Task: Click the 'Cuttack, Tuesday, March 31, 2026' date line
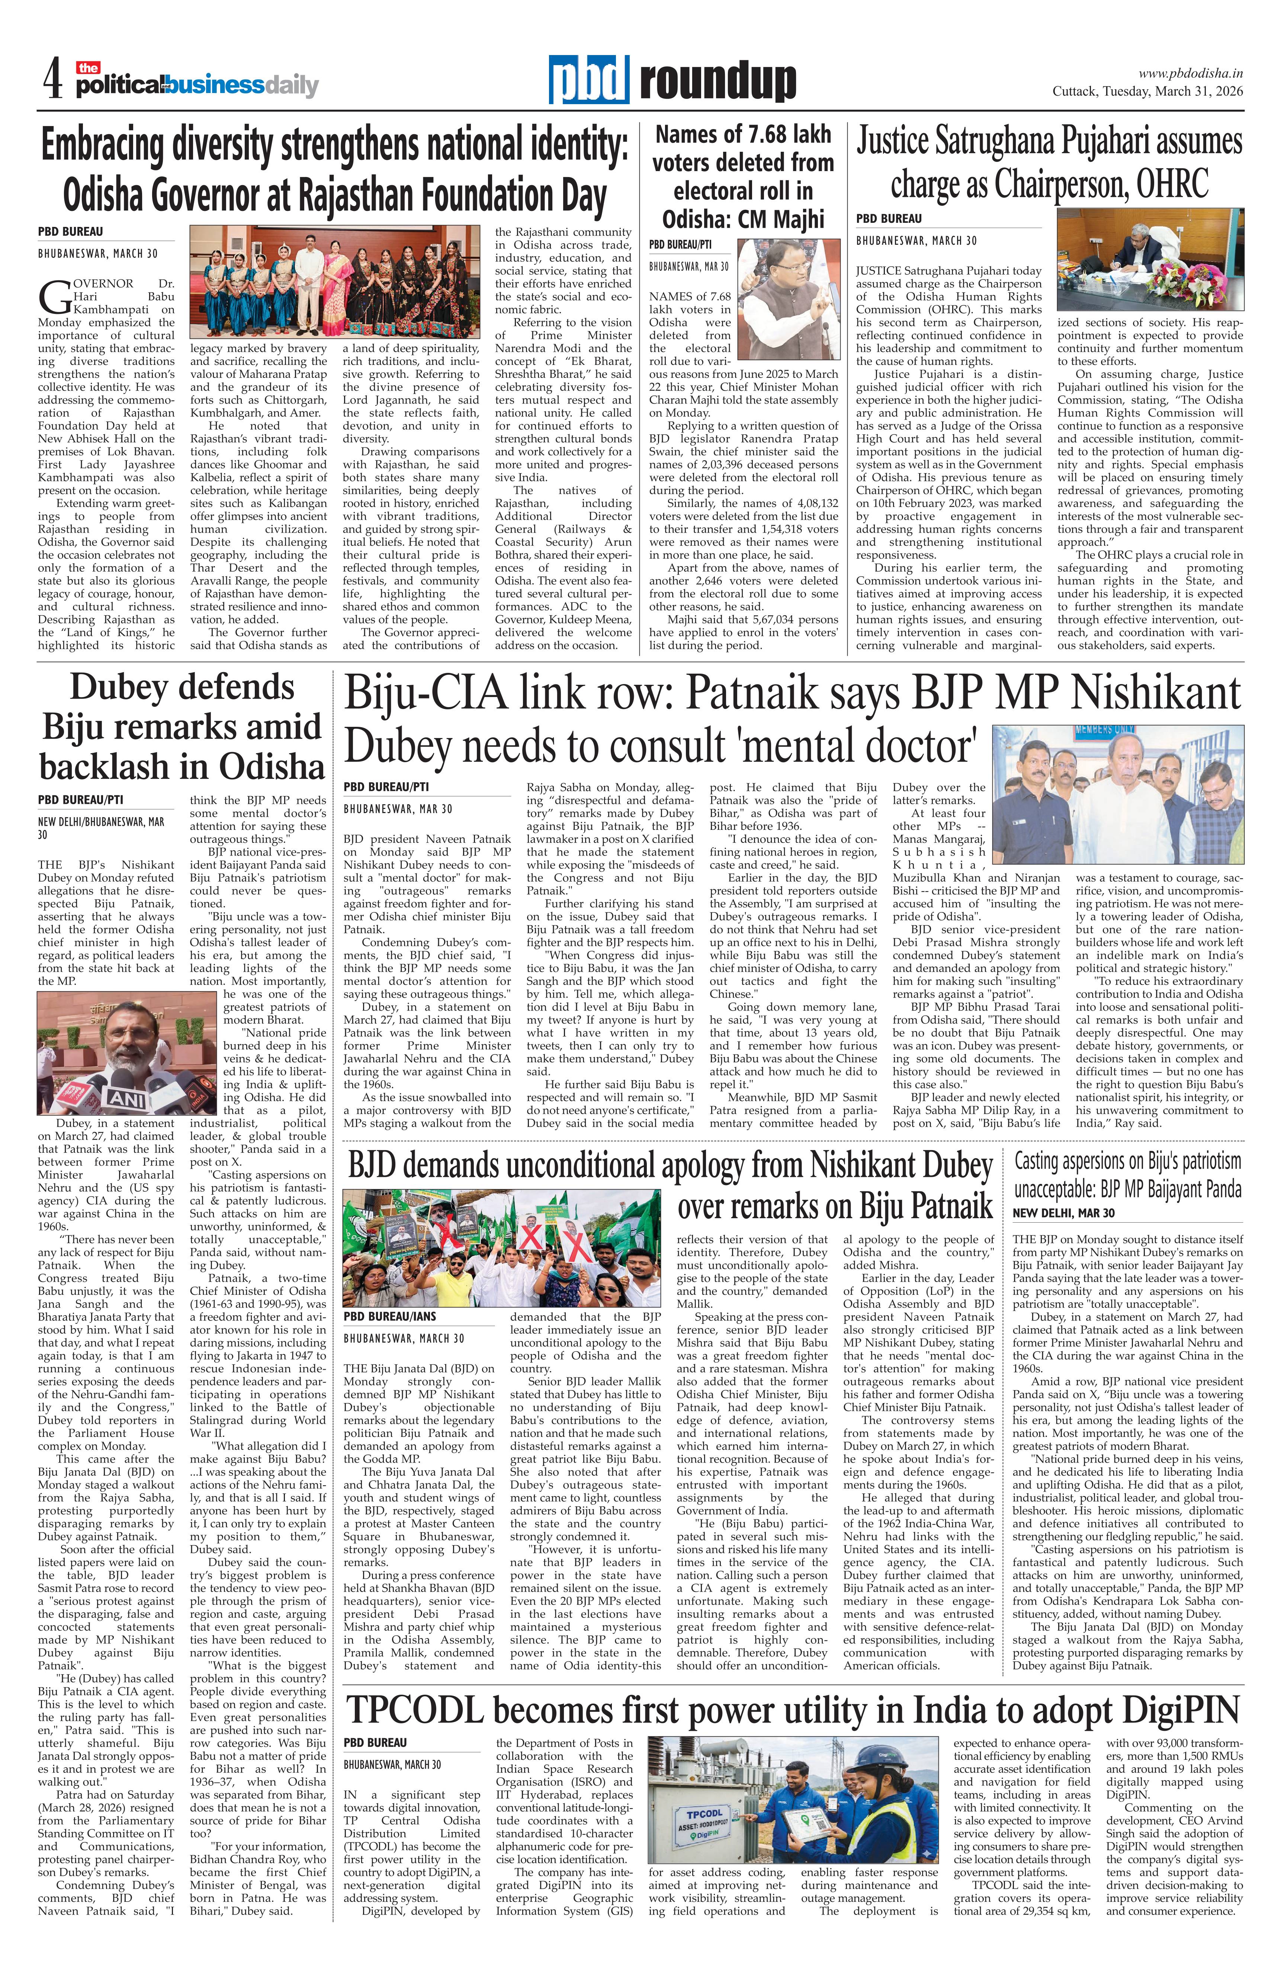(1147, 92)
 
